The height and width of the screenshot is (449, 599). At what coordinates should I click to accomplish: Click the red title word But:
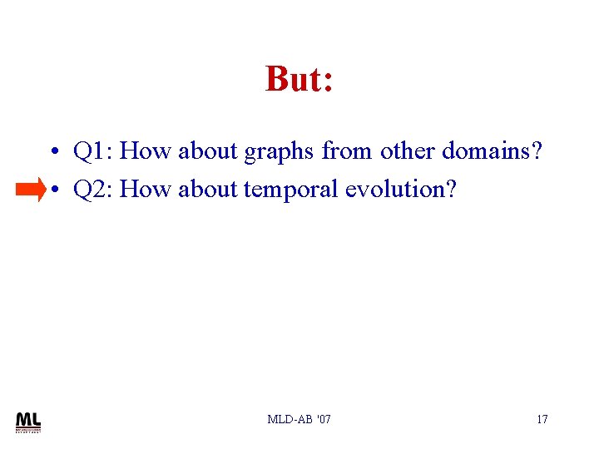click(x=299, y=79)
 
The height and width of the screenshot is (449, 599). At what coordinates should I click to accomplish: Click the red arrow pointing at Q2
click(x=31, y=190)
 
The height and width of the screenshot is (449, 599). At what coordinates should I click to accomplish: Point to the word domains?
click(x=492, y=151)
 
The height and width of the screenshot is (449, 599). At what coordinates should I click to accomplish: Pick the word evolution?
click(x=401, y=190)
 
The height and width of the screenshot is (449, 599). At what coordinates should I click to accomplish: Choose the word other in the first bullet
click(x=408, y=151)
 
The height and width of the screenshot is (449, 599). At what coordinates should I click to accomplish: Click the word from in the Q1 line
click(x=347, y=151)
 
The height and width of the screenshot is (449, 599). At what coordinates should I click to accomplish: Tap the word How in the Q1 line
click(x=145, y=151)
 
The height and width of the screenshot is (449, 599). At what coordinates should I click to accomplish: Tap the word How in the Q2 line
click(x=145, y=190)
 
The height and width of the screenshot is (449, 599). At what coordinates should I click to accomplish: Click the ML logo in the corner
click(x=27, y=422)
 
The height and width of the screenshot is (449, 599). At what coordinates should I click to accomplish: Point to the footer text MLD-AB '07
click(x=299, y=419)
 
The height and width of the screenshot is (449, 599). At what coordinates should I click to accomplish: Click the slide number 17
click(x=542, y=419)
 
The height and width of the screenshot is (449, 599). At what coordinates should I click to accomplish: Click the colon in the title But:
click(x=328, y=83)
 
